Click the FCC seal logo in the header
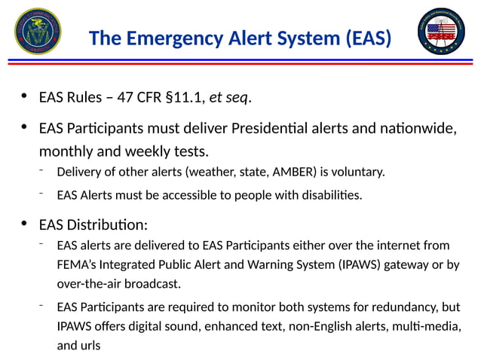[38, 33]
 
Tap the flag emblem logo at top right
[443, 33]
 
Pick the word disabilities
[329, 196]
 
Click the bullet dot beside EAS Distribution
[24, 224]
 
